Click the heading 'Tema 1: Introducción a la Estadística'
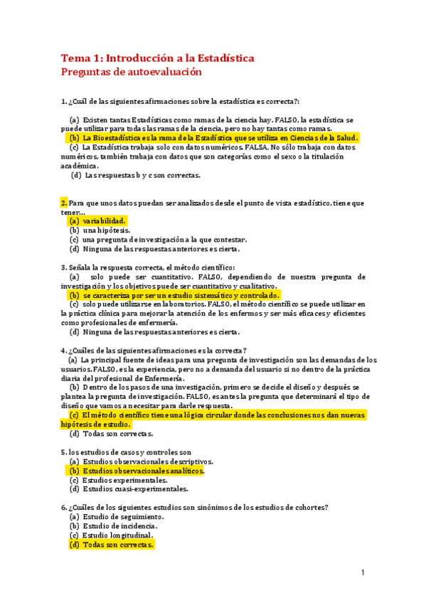(157, 58)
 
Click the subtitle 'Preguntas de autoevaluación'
(132, 72)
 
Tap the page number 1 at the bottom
(362, 572)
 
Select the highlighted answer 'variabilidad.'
(104, 221)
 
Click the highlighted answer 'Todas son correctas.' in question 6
(117, 544)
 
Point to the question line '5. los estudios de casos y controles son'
(127, 452)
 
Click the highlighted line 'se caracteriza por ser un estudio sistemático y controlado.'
(181, 295)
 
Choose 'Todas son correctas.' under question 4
(117, 434)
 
